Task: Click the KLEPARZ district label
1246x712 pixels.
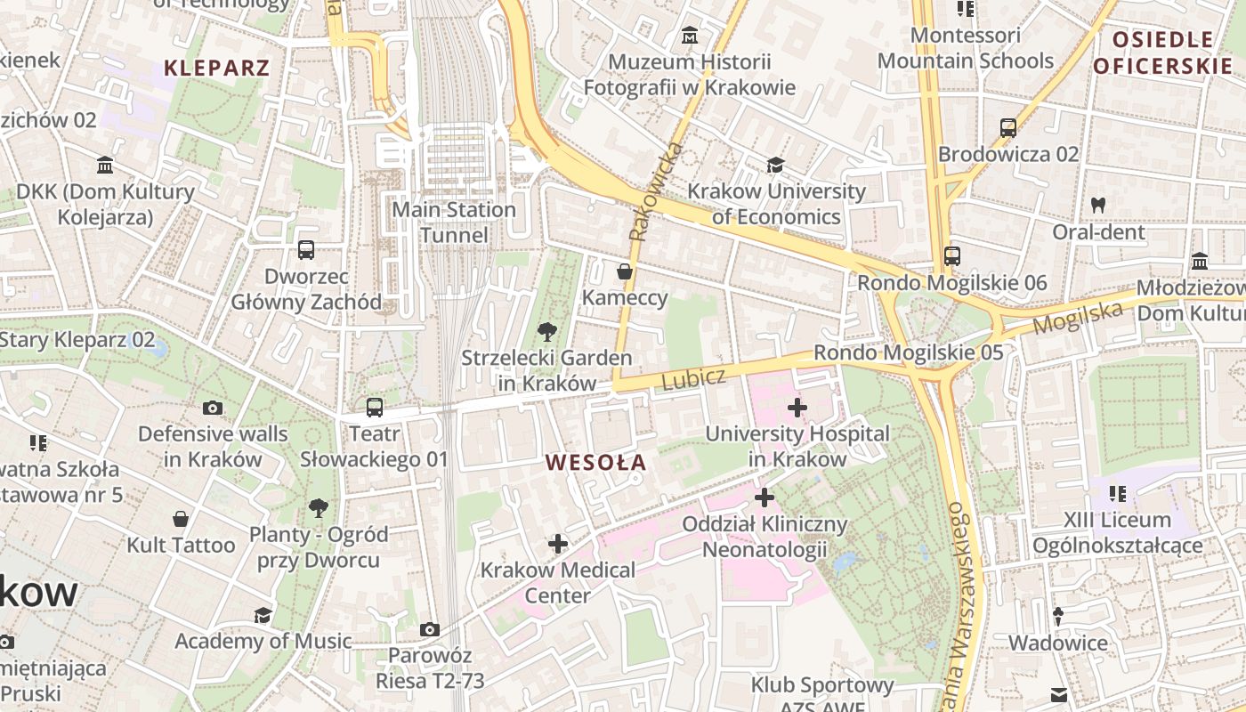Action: click(x=217, y=68)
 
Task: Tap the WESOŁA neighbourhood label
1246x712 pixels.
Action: click(x=596, y=463)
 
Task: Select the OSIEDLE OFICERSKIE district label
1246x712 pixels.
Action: click(x=1163, y=53)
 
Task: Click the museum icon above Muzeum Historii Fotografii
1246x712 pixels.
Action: click(x=689, y=36)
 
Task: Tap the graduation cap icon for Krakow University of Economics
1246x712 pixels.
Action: click(x=775, y=165)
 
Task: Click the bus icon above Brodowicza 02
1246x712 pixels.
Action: click(x=1007, y=128)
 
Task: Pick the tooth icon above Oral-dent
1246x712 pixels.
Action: click(x=1097, y=205)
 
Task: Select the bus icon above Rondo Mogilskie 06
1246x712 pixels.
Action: click(x=951, y=256)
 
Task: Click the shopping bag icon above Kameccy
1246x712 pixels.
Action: click(x=625, y=271)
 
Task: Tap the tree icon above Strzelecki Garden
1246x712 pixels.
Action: click(x=546, y=332)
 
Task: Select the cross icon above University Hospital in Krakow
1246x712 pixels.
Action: click(x=797, y=408)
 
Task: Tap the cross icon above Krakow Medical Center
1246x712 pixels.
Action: click(x=558, y=543)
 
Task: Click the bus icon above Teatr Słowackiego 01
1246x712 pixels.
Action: click(x=375, y=408)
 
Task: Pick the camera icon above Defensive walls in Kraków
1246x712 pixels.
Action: click(x=212, y=408)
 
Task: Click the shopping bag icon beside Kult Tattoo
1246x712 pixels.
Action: click(x=181, y=518)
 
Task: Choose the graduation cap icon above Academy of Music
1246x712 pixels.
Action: click(x=263, y=615)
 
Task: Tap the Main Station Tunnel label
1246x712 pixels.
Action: click(x=454, y=222)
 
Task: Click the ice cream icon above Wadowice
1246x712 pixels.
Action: click(x=1058, y=616)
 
